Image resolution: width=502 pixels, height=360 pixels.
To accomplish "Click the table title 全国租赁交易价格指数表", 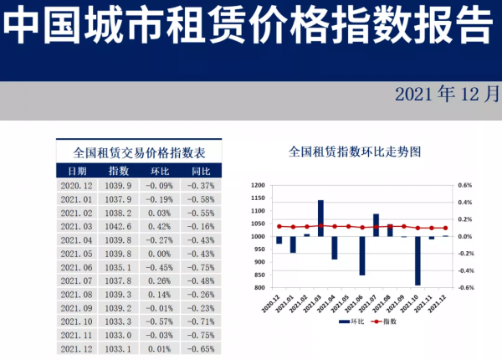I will click(x=140, y=152).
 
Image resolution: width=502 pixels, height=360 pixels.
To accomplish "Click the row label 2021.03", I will click(x=78, y=226).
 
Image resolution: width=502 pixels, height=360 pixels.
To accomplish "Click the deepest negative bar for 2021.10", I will click(x=417, y=260).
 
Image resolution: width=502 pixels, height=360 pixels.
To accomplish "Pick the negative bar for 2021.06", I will click(x=362, y=255).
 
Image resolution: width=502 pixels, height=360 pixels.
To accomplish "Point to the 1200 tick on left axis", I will click(x=258, y=185).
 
